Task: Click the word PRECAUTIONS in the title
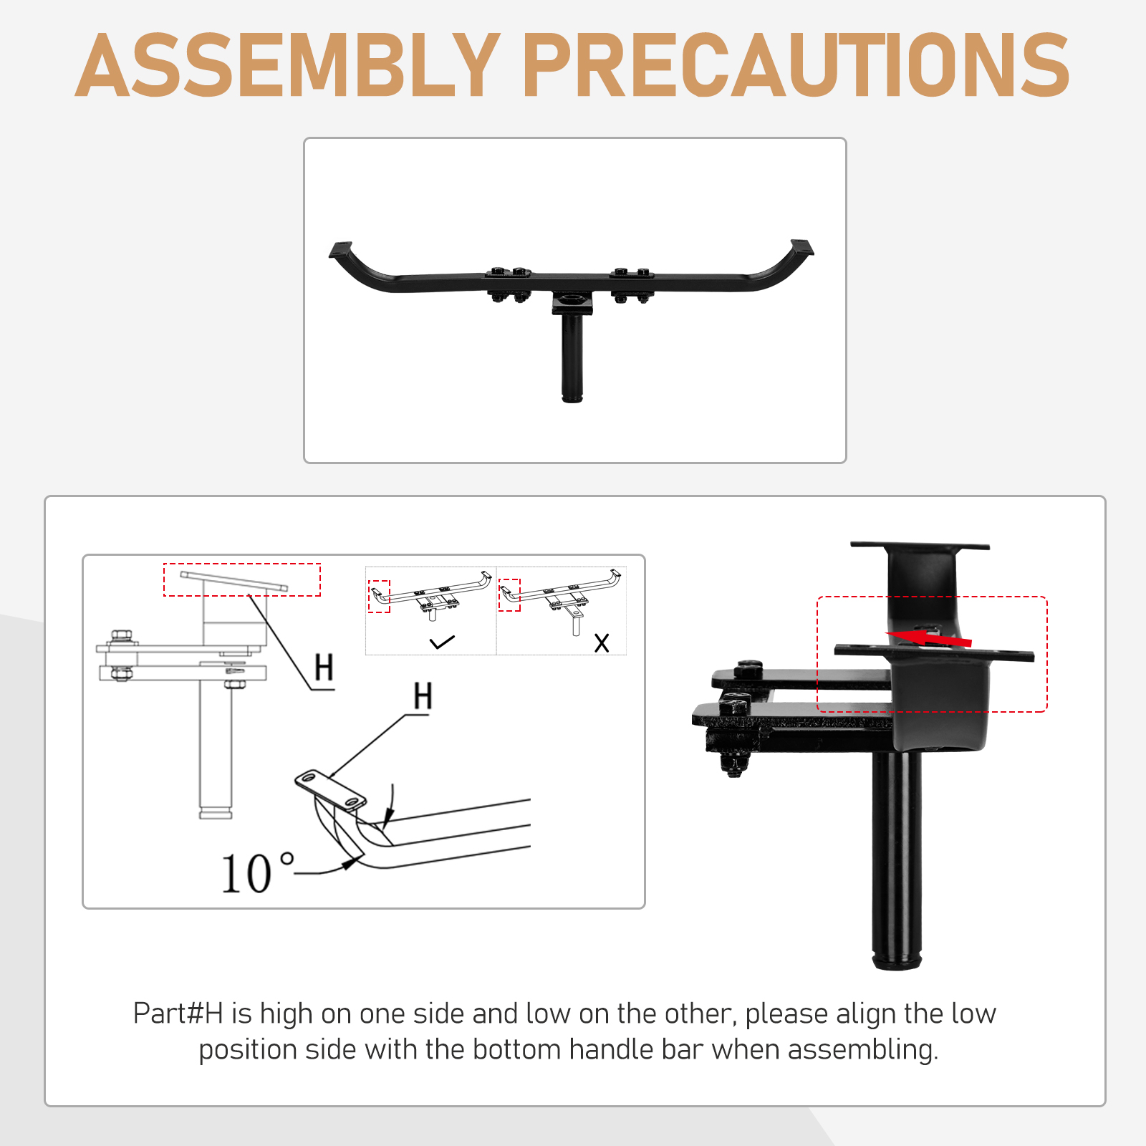[x=796, y=65]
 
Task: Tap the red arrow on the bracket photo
[x=929, y=637]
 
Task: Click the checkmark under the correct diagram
[x=442, y=642]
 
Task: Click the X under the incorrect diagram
[x=602, y=642]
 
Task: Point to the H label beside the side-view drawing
[x=324, y=668]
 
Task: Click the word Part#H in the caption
[x=178, y=1013]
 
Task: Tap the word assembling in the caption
[x=863, y=1050]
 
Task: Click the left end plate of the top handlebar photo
[x=341, y=251]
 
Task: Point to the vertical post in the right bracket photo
[x=897, y=860]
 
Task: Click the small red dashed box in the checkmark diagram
[x=379, y=596]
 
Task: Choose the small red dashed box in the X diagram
[x=509, y=594]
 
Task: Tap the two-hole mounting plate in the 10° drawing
[x=330, y=790]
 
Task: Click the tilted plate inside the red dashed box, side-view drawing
[x=233, y=581]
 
